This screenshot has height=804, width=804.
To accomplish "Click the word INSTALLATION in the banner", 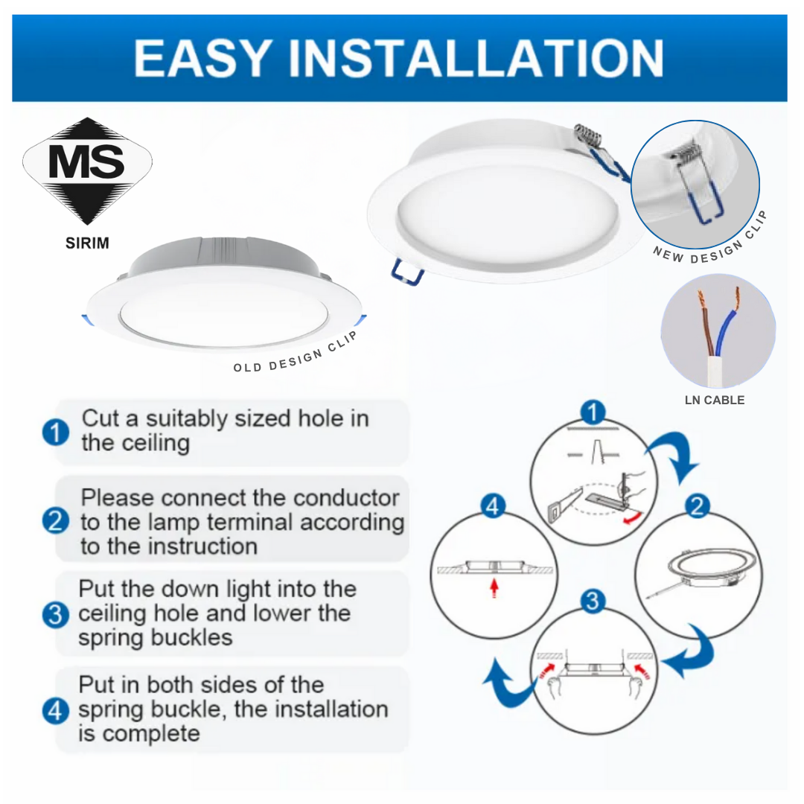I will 476,58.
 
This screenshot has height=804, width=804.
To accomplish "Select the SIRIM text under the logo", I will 87,243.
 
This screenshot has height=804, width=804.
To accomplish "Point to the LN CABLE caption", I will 715,400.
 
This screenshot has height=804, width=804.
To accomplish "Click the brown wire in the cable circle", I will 706,328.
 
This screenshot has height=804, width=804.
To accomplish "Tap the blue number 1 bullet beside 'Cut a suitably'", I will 56,433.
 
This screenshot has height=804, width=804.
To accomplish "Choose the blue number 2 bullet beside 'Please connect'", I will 56,521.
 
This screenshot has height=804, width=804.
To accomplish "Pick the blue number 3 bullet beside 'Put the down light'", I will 56,615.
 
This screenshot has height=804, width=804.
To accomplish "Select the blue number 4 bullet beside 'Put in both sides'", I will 56,710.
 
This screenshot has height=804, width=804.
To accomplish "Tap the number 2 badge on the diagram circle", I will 697,507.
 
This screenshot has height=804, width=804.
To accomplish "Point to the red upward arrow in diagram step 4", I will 494,589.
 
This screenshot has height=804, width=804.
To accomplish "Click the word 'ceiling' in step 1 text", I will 156,444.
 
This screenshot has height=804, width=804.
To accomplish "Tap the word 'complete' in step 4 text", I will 151,734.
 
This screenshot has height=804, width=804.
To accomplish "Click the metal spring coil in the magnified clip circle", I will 686,158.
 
